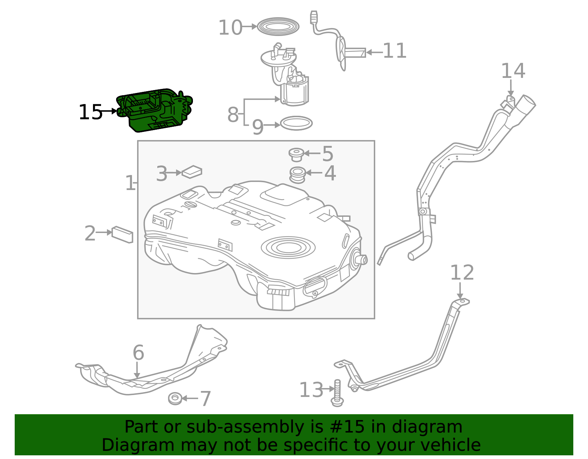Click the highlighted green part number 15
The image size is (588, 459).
click(154, 110)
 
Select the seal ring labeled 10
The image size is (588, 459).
click(278, 26)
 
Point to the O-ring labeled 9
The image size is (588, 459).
click(296, 123)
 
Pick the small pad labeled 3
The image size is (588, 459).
click(192, 172)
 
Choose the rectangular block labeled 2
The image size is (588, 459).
click(122, 234)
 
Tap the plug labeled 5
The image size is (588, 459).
click(296, 154)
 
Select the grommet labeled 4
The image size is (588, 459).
click(298, 175)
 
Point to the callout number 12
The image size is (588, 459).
click(462, 273)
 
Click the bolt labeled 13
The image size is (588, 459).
click(337, 393)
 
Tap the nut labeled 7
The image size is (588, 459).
click(175, 398)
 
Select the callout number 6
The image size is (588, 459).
click(138, 353)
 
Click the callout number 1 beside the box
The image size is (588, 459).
click(130, 183)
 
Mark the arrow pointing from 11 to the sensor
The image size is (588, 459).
click(374, 52)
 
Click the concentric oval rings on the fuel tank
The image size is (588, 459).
click(288, 247)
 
